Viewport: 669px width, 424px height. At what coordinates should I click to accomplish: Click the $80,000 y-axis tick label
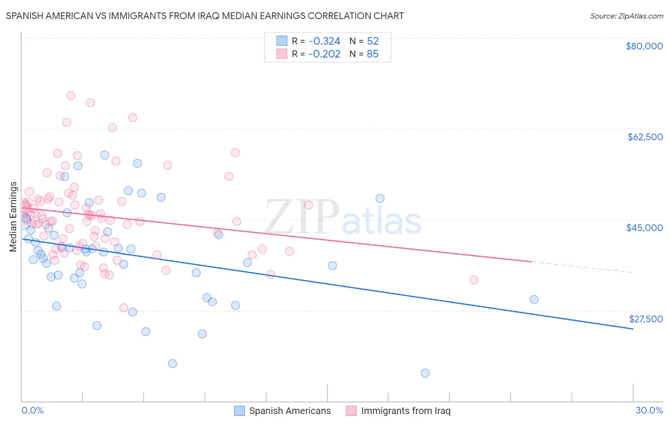[x=644, y=46]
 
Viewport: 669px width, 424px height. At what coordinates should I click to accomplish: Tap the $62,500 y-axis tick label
[x=645, y=137]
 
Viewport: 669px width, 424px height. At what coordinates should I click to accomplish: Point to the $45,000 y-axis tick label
[x=644, y=228]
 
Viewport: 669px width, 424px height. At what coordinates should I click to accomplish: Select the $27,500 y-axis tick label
[x=646, y=319]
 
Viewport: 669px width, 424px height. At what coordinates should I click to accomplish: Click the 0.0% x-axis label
[x=32, y=410]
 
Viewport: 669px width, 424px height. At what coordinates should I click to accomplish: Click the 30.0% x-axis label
[x=649, y=410]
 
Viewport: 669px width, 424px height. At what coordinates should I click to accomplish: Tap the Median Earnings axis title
[x=13, y=217]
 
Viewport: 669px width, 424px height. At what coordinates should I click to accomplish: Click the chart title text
[x=205, y=16]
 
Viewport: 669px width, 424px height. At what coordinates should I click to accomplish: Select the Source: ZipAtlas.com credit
[x=626, y=16]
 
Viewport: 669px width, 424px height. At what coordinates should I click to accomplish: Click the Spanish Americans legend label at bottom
[x=290, y=411]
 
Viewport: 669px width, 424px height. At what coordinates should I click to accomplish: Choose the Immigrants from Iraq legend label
[x=405, y=411]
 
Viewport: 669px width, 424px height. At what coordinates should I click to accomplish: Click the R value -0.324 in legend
[x=324, y=41]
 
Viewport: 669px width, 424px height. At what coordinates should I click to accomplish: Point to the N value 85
[x=373, y=54]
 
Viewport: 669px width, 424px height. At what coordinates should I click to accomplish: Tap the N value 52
[x=373, y=41]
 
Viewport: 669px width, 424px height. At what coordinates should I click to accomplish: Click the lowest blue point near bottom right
[x=425, y=373]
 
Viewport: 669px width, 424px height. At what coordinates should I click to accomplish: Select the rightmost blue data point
[x=534, y=299]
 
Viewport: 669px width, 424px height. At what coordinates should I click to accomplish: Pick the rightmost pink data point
[x=473, y=280]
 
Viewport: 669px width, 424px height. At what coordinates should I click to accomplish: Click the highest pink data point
[x=70, y=96]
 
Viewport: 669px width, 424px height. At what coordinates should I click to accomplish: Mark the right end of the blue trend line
[x=633, y=329]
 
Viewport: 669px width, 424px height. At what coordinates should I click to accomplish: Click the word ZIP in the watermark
[x=302, y=217]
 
